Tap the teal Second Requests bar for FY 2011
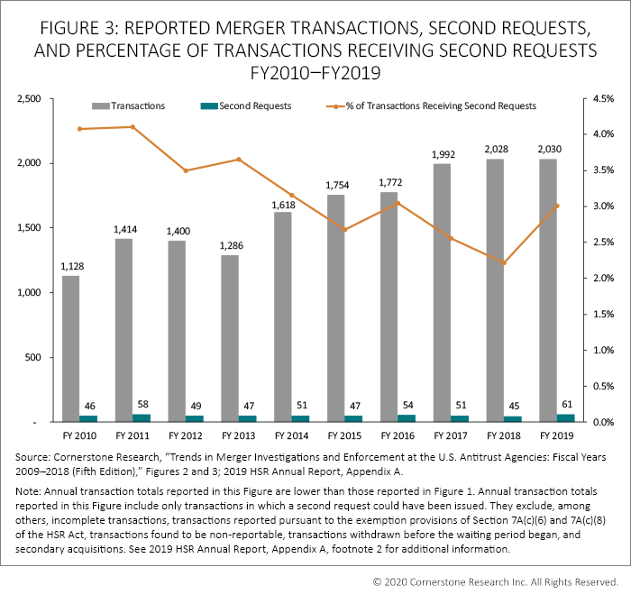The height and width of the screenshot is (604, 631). pos(141,418)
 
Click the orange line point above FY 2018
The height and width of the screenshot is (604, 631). pos(505,263)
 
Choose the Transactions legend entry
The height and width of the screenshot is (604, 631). pos(141,105)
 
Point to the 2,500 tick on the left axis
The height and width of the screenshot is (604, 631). pos(30,98)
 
